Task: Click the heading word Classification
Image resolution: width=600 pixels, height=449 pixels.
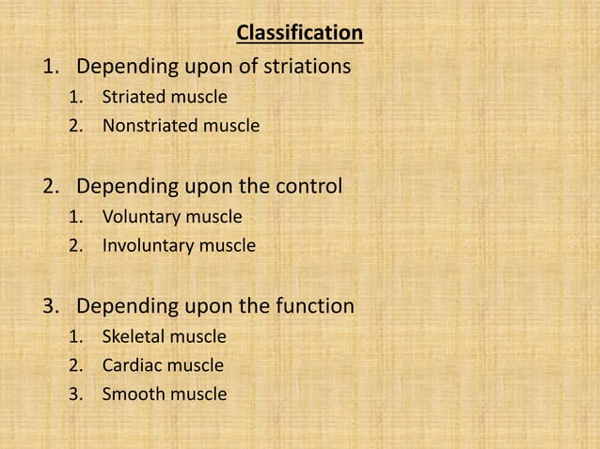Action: (x=299, y=34)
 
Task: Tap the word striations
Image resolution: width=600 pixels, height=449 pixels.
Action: (x=307, y=67)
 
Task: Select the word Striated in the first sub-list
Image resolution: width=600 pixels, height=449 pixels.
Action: (x=131, y=96)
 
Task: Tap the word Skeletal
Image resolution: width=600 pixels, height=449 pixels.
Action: (x=131, y=335)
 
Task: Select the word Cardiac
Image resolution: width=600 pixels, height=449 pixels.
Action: (x=130, y=364)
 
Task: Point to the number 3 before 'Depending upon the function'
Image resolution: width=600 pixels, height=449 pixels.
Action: (x=49, y=306)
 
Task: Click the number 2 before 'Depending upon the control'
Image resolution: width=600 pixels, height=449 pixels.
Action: (x=49, y=186)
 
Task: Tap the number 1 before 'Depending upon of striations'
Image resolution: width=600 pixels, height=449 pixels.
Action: (x=49, y=67)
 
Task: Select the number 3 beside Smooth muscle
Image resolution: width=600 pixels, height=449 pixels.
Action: (x=74, y=394)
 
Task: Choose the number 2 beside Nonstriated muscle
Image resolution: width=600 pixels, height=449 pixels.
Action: (x=74, y=124)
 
